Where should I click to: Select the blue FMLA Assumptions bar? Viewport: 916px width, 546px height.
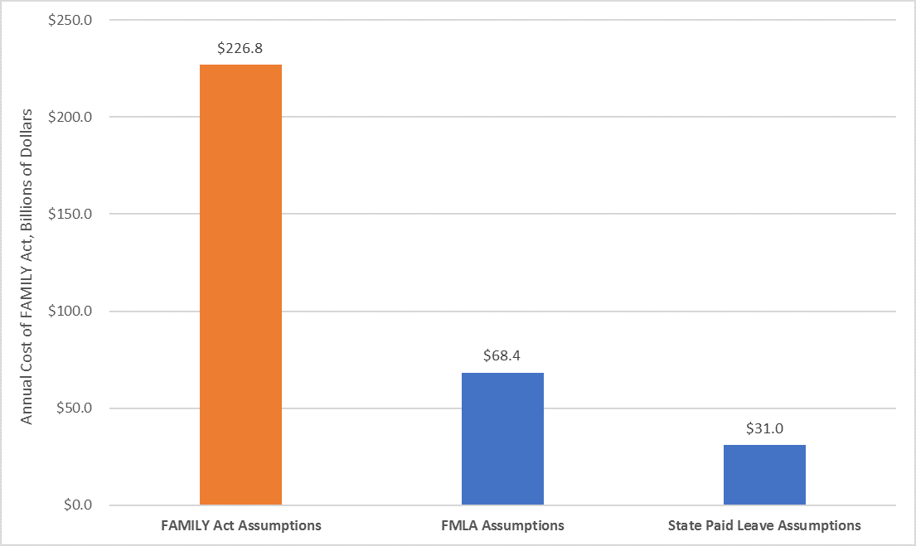coord(502,439)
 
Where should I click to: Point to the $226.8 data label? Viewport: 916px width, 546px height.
coord(240,49)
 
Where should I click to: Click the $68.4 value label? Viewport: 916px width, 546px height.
coord(502,356)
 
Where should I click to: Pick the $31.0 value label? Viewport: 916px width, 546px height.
coord(764,428)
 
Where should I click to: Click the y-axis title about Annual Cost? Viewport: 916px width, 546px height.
coord(27,266)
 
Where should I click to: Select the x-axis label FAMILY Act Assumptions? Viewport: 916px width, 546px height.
coord(240,525)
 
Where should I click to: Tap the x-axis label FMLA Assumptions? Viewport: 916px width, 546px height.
coord(502,525)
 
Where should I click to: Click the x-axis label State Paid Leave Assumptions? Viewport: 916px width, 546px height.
coord(764,525)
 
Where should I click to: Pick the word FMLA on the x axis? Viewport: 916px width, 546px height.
coord(457,525)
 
